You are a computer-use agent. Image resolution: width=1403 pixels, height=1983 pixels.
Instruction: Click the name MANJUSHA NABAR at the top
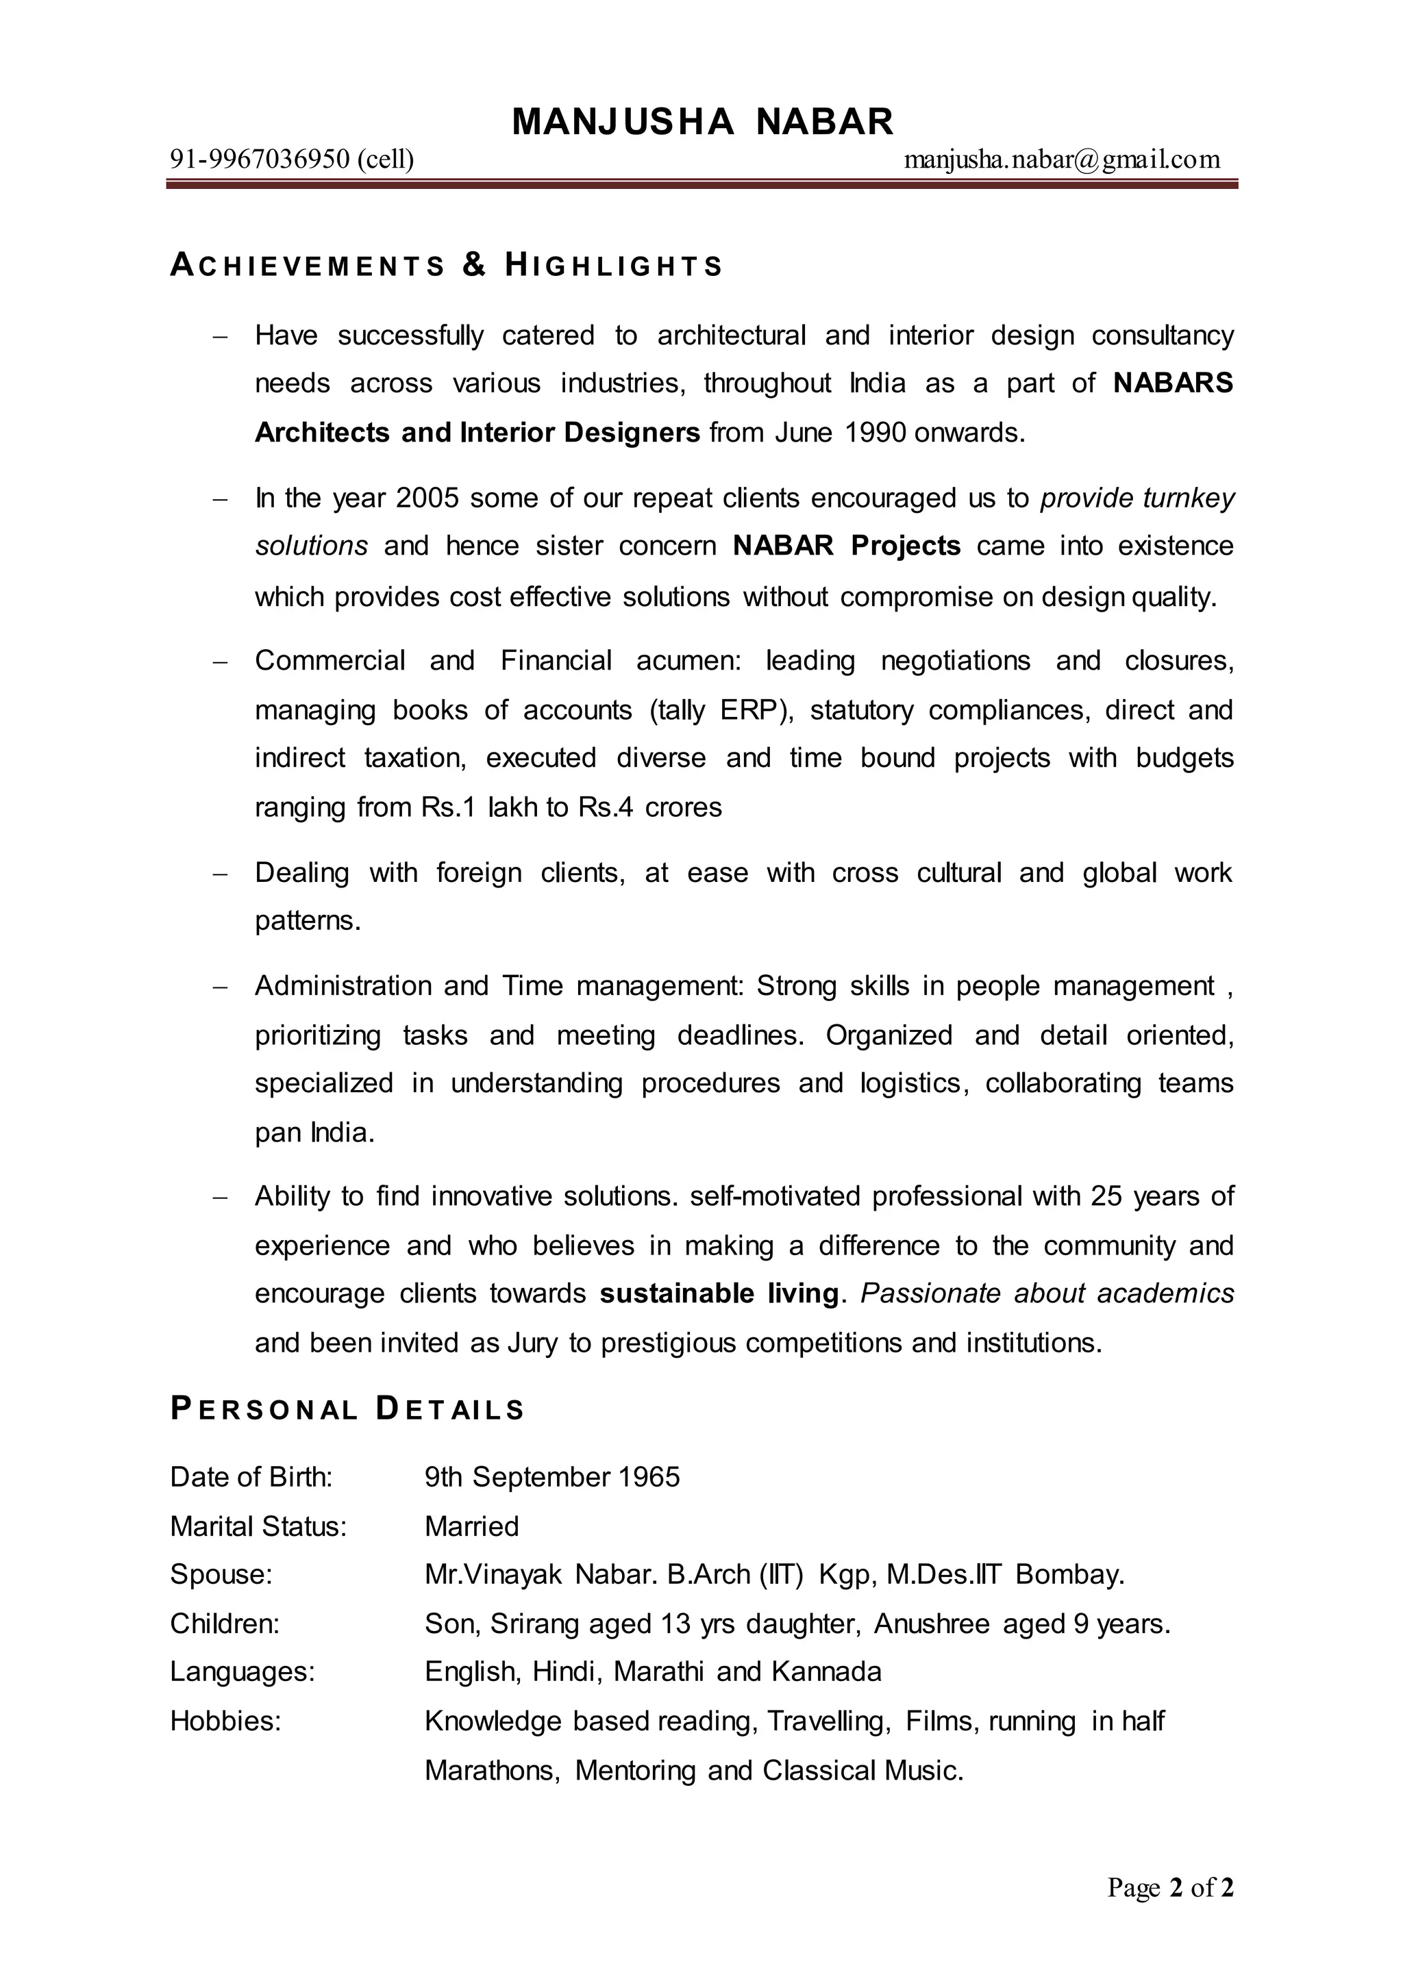[x=702, y=122]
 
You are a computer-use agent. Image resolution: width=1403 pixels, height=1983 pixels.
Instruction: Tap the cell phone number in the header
[x=291, y=160]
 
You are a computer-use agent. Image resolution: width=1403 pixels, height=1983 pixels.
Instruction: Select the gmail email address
[x=1062, y=160]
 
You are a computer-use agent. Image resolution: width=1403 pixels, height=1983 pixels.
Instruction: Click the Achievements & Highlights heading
[x=446, y=265]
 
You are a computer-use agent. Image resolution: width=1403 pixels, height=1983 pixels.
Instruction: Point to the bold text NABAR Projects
[x=847, y=546]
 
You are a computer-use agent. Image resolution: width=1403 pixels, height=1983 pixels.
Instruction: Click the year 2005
[x=427, y=498]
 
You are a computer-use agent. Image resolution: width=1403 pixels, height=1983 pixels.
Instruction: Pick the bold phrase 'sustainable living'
[x=719, y=1293]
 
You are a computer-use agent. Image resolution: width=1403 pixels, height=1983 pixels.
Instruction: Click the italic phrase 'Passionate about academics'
[x=1047, y=1293]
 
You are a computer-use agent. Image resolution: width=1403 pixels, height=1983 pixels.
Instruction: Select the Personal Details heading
[x=347, y=1409]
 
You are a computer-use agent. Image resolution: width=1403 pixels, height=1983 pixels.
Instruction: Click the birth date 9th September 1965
[x=552, y=1477]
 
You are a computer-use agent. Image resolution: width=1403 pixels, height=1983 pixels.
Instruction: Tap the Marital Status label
[x=258, y=1526]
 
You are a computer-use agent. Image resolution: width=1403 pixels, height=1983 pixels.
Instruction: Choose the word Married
[x=472, y=1526]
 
